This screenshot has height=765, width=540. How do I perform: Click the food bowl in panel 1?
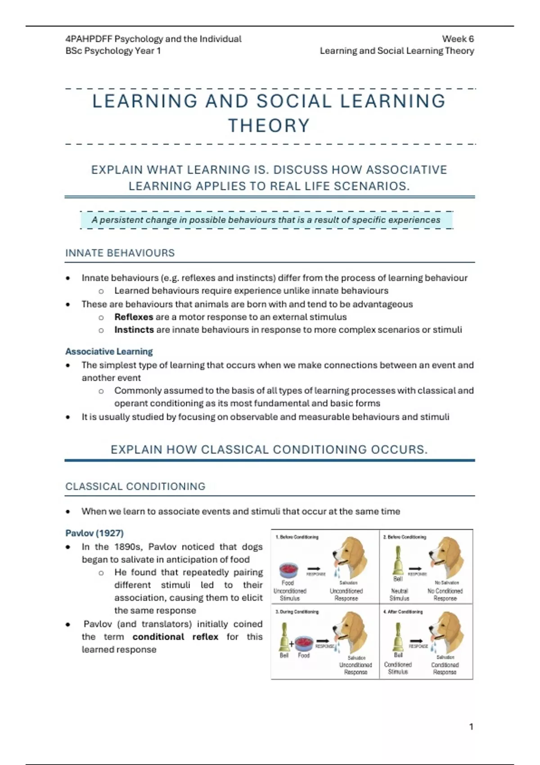pyautogui.click(x=288, y=570)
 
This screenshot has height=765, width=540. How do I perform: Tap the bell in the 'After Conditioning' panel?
pyautogui.click(x=397, y=636)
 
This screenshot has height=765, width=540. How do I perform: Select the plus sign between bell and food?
pyautogui.click(x=292, y=644)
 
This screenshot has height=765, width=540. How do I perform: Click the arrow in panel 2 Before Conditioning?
pyautogui.click(x=415, y=568)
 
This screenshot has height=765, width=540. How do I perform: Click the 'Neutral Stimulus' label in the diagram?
pyautogui.click(x=400, y=594)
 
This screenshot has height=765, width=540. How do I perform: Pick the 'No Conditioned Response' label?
pyautogui.click(x=445, y=594)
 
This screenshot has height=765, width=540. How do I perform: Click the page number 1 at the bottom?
pyautogui.click(x=471, y=727)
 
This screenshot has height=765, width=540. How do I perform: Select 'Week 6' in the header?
pyautogui.click(x=458, y=39)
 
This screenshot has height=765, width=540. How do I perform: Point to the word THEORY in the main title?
pyautogui.click(x=269, y=126)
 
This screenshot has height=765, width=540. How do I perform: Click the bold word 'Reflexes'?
pyautogui.click(x=134, y=317)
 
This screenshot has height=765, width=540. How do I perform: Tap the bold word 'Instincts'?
pyautogui.click(x=134, y=329)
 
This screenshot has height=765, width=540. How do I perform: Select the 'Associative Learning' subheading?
pyautogui.click(x=109, y=351)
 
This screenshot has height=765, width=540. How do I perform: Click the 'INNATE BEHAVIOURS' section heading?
pyautogui.click(x=120, y=253)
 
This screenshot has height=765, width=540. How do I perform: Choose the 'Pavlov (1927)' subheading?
pyautogui.click(x=94, y=533)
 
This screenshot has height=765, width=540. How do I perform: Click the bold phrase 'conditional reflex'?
pyautogui.click(x=175, y=637)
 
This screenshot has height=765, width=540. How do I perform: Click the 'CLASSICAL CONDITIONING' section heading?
pyautogui.click(x=135, y=486)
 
